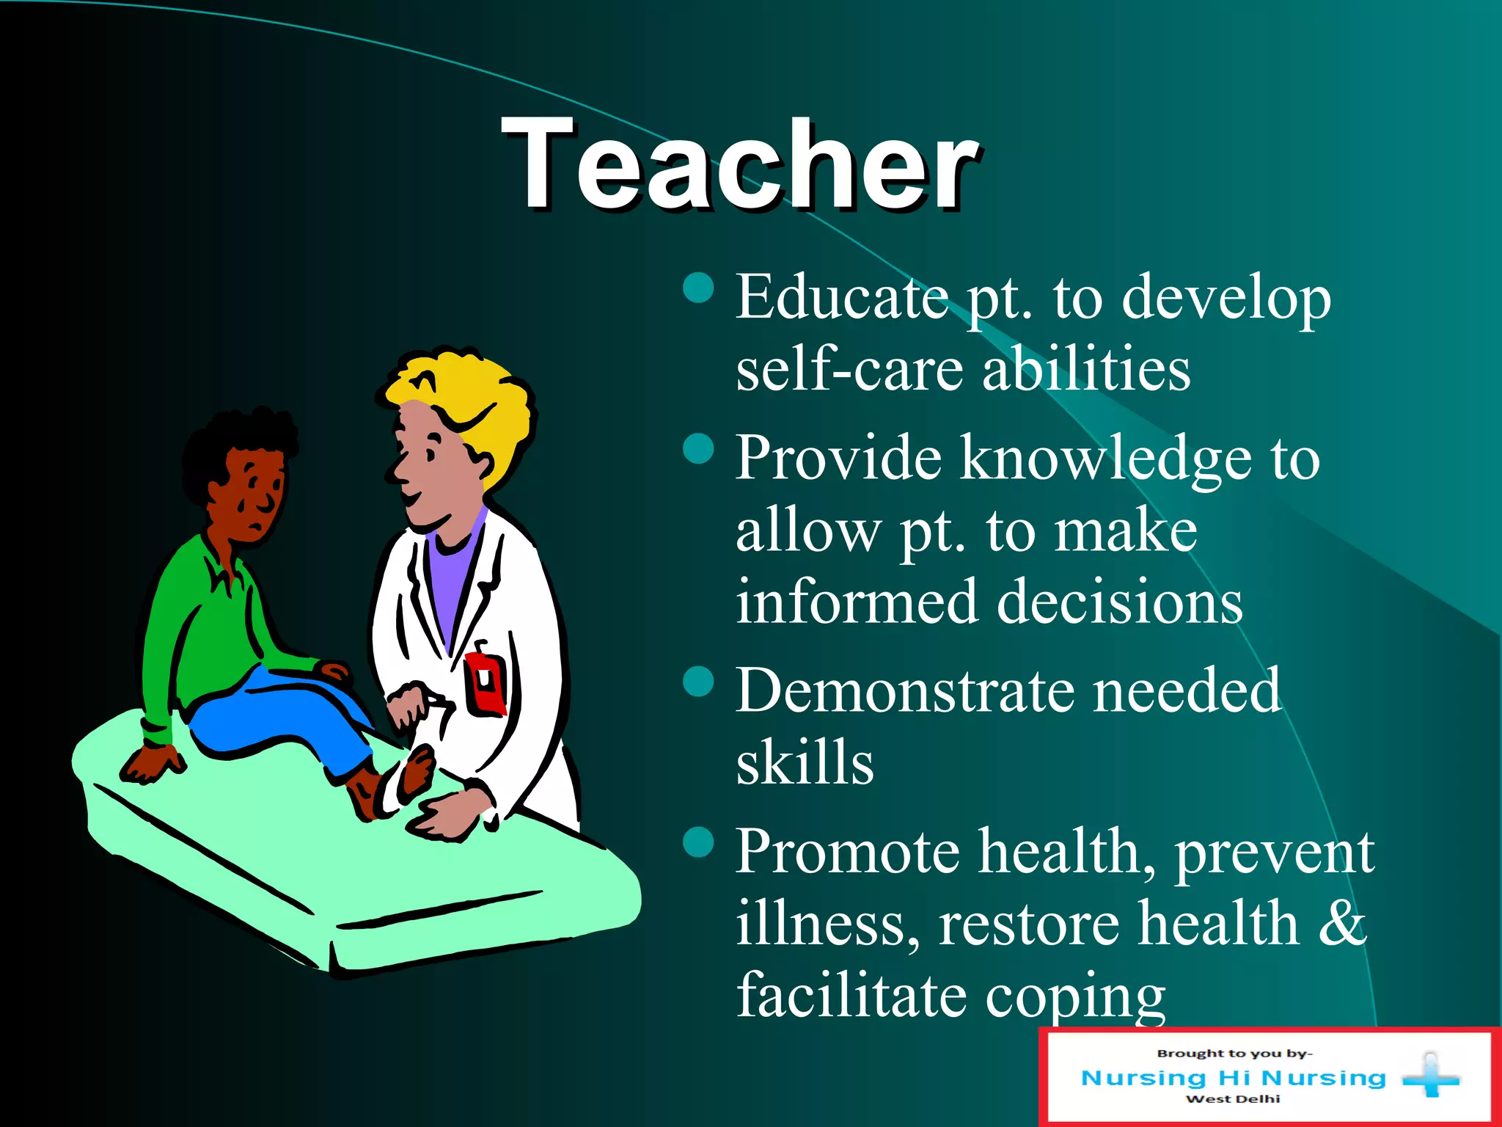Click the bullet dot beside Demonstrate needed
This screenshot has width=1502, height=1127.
(x=698, y=681)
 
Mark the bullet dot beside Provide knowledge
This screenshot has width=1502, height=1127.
(x=698, y=448)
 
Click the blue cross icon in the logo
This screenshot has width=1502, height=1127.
(x=1430, y=1077)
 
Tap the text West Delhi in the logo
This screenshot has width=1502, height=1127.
(x=1233, y=1099)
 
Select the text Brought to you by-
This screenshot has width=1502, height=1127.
(x=1234, y=1054)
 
